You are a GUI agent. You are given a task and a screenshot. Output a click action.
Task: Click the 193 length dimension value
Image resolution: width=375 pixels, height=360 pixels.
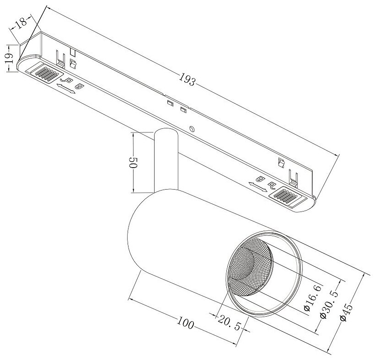click(187, 81)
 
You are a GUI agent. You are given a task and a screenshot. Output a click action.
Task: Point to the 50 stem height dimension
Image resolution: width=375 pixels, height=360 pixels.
click(134, 164)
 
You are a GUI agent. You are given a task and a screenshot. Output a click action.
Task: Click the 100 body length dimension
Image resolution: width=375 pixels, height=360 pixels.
click(186, 325)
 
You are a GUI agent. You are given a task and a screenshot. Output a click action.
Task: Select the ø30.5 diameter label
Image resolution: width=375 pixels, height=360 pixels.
click(325, 305)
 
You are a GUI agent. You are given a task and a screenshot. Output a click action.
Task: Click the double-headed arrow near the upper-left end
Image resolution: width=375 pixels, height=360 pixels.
click(67, 89)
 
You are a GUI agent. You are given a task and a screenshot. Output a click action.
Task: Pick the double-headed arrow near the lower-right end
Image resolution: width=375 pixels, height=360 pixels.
click(257, 185)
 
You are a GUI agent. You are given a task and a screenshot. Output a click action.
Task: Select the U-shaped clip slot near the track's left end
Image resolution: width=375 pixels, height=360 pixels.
click(59, 57)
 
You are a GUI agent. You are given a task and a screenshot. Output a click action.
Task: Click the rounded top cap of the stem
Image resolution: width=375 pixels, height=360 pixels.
click(165, 134)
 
